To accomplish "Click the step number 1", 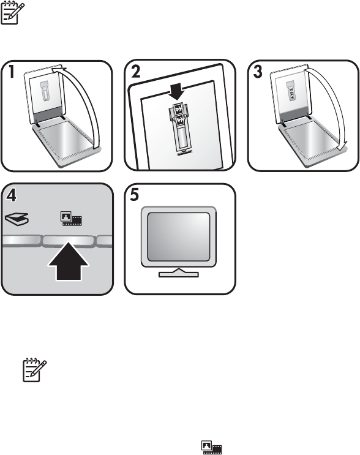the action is [x=12, y=72].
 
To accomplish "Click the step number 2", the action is [x=136, y=72].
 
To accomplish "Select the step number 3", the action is [x=258, y=72].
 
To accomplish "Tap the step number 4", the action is [x=11, y=195].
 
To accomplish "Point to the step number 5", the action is [x=135, y=195].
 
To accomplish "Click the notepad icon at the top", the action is [x=13, y=12].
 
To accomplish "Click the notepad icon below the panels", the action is [x=35, y=370].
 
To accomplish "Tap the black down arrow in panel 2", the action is [x=177, y=91].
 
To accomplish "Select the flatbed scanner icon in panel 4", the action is [x=17, y=219].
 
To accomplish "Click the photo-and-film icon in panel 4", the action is [x=72, y=219].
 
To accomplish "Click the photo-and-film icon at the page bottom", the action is [x=212, y=447].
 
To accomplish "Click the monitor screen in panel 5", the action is [x=179, y=237].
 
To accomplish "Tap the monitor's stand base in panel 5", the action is [x=179, y=273].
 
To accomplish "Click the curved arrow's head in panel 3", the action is [x=343, y=145].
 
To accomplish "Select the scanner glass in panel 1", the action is [x=66, y=139].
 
